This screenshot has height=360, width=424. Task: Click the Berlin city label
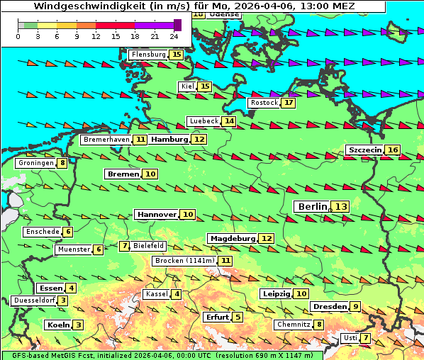click(312, 206)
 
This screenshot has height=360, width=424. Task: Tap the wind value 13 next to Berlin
click(341, 206)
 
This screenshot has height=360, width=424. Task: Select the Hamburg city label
click(169, 140)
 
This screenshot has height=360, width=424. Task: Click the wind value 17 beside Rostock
click(288, 103)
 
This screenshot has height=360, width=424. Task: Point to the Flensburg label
click(148, 55)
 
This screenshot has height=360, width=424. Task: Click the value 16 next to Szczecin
click(392, 150)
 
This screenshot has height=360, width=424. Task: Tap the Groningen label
click(36, 163)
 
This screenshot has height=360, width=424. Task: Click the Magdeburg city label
click(232, 238)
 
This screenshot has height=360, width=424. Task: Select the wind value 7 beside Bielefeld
click(125, 246)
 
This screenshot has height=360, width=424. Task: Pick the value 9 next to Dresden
click(355, 306)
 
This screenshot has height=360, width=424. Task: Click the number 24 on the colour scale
click(174, 35)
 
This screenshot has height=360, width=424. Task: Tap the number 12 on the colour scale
click(96, 35)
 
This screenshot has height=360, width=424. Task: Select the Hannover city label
click(157, 214)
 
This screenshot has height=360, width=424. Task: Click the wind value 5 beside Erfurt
click(238, 317)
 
